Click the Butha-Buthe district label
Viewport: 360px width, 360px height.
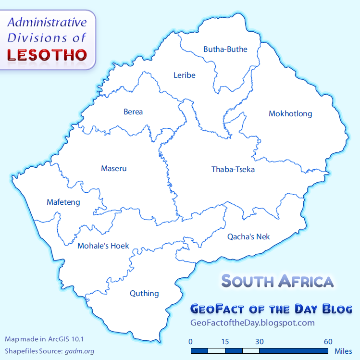tap(225, 49)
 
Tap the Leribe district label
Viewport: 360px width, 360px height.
tap(185, 75)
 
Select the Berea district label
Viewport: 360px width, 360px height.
tap(133, 112)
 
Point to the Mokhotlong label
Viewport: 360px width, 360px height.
tap(290, 114)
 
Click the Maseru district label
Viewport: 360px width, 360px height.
tap(113, 168)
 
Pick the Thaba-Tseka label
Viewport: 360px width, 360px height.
tap(233, 169)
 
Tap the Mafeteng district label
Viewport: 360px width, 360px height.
tap(63, 202)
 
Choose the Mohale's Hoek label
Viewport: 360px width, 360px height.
tap(103, 246)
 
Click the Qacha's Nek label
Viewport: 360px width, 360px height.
tap(248, 236)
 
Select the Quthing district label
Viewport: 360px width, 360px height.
tap(144, 293)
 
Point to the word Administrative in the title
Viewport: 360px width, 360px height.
tap(47, 22)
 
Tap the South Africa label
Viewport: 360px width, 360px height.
tap(277, 281)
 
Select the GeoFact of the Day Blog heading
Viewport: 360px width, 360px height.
tap(271, 309)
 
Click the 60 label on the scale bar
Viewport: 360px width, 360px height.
tap(328, 342)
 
